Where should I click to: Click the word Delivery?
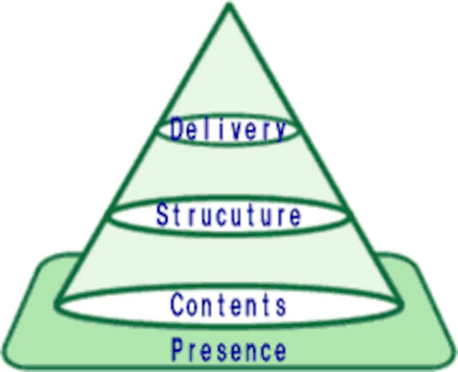228,130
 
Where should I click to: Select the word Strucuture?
228,216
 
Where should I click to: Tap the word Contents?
228,304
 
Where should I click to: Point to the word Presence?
228,349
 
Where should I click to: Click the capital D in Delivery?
178,129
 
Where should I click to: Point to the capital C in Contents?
178,304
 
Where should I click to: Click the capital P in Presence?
179,349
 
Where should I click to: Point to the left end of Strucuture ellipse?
109,216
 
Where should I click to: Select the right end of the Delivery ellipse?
298,130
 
